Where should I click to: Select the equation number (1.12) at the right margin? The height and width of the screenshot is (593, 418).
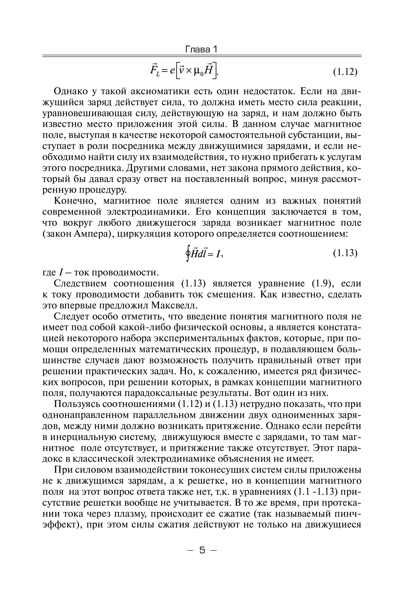click(x=345, y=72)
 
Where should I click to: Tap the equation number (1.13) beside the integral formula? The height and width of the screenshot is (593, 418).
click(x=345, y=253)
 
